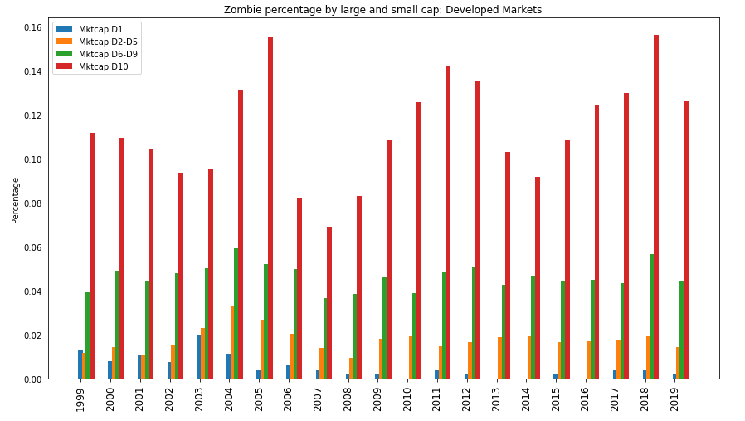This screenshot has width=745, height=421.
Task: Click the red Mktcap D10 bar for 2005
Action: pyautogui.click(x=270, y=208)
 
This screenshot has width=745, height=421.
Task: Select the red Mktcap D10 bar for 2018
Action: pyautogui.click(x=656, y=207)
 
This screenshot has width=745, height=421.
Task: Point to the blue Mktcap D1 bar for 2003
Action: pyautogui.click(x=199, y=357)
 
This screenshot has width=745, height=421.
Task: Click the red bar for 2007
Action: pyautogui.click(x=329, y=303)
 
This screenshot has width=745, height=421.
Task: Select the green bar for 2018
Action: pyautogui.click(x=652, y=316)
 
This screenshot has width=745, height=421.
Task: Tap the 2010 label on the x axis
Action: pyautogui.click(x=407, y=399)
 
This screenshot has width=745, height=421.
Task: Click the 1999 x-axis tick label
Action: pyautogui.click(x=81, y=399)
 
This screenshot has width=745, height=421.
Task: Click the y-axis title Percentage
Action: pyautogui.click(x=16, y=200)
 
